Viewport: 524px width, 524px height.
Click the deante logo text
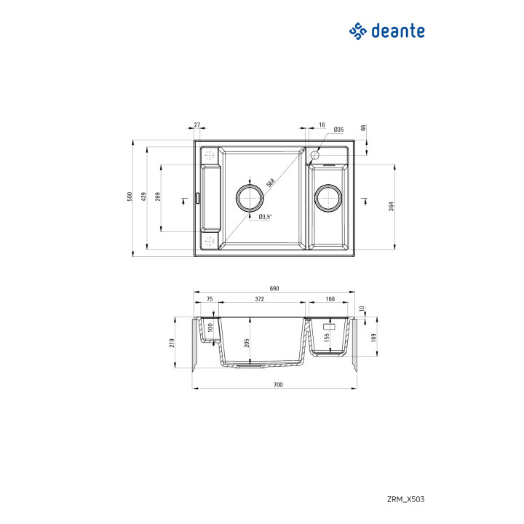[397, 31]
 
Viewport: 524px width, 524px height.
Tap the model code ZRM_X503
[407, 499]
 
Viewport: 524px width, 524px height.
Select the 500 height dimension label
[128, 197]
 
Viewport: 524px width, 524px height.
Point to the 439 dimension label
[143, 197]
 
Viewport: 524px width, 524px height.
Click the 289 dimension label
[157, 197]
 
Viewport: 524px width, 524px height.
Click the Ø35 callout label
[338, 130]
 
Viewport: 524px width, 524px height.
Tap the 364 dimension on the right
[392, 207]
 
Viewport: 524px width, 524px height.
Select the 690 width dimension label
[274, 289]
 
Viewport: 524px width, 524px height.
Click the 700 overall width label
[277, 384]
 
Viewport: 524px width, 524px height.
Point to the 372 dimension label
[260, 299]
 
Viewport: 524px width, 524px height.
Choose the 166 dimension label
[330, 299]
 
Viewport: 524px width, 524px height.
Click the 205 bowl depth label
[247, 343]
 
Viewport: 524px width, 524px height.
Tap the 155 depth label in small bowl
[327, 338]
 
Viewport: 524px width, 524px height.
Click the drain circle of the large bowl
[249, 197]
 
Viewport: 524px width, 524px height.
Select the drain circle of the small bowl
[327, 197]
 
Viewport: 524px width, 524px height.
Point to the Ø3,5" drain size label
[264, 216]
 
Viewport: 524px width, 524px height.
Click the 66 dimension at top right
[363, 129]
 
